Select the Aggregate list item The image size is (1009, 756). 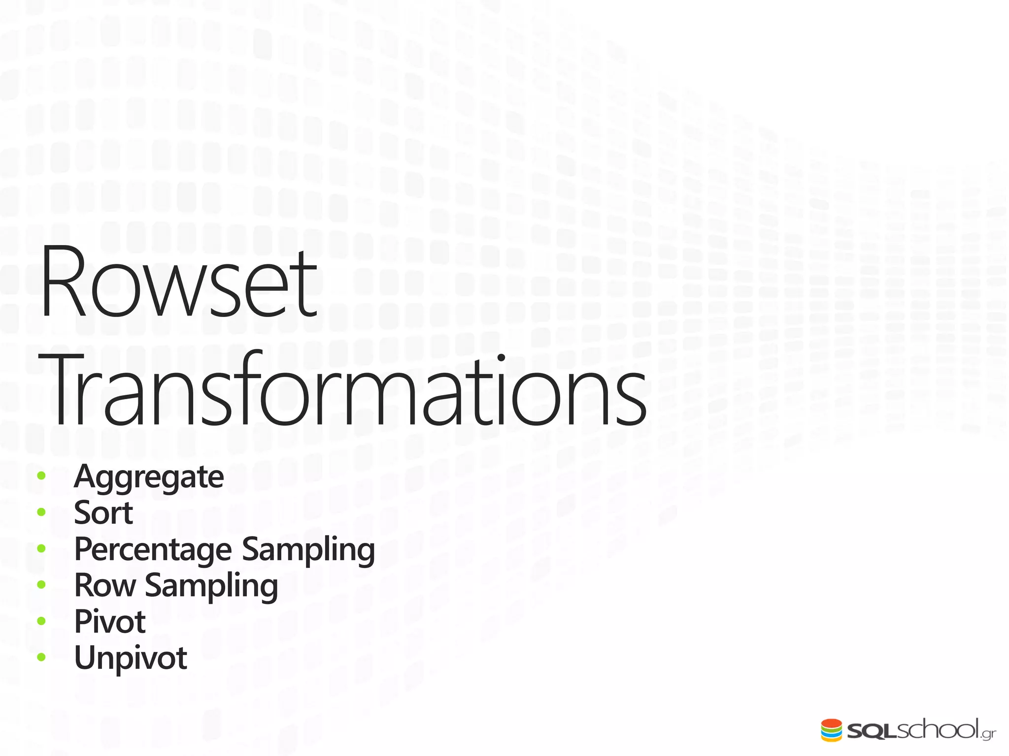pyautogui.click(x=149, y=476)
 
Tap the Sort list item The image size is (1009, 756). pyautogui.click(x=103, y=513)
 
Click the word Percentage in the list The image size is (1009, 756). pyautogui.click(x=153, y=549)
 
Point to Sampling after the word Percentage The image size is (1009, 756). pyautogui.click(x=308, y=549)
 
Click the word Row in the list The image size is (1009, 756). pyautogui.click(x=105, y=585)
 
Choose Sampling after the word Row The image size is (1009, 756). pyautogui.click(x=211, y=586)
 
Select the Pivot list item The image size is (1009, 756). pyautogui.click(x=110, y=622)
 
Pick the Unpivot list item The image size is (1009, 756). pyautogui.click(x=131, y=658)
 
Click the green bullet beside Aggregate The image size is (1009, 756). pyautogui.click(x=41, y=476)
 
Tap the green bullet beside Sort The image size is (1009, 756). pyautogui.click(x=41, y=512)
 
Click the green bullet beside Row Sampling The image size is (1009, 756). pyautogui.click(x=41, y=585)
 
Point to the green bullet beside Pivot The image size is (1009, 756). pyautogui.click(x=41, y=621)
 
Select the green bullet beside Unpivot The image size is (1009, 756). pyautogui.click(x=41, y=657)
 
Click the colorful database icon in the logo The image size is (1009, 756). pyautogui.click(x=832, y=730)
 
